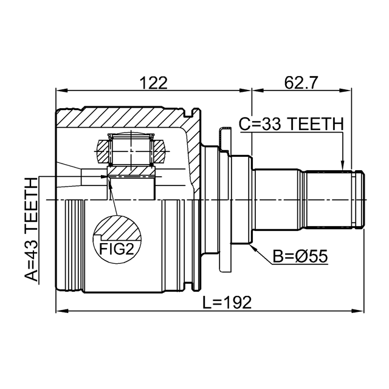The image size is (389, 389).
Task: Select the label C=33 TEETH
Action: [x=291, y=124]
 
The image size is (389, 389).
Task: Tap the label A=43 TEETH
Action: [x=31, y=232]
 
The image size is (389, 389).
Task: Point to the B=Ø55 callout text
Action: [x=300, y=256]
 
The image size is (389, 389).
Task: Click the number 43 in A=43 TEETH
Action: [x=31, y=250]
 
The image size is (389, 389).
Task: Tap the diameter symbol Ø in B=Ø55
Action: [x=302, y=256]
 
